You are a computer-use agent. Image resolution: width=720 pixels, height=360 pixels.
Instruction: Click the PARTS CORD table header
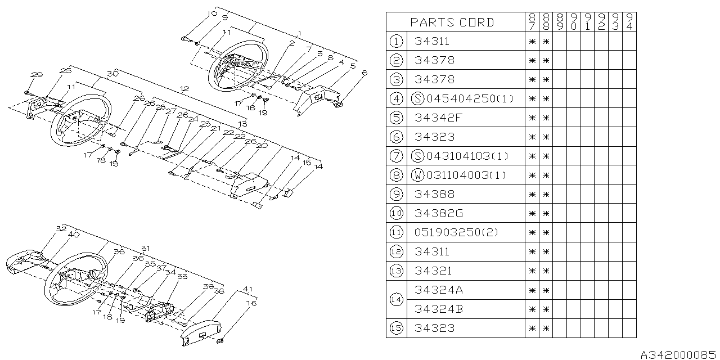click(x=452, y=22)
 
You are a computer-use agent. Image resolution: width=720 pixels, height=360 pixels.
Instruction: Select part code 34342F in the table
click(x=434, y=118)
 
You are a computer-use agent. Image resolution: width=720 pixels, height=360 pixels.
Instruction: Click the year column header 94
click(x=629, y=22)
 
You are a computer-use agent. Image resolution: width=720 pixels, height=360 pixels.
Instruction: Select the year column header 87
click(x=532, y=22)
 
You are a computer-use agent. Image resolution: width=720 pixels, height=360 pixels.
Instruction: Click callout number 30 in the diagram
click(x=112, y=74)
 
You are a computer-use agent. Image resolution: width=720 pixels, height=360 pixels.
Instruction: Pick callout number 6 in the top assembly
click(x=364, y=73)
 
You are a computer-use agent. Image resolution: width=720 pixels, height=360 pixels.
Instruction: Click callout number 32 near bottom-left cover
click(x=61, y=228)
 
